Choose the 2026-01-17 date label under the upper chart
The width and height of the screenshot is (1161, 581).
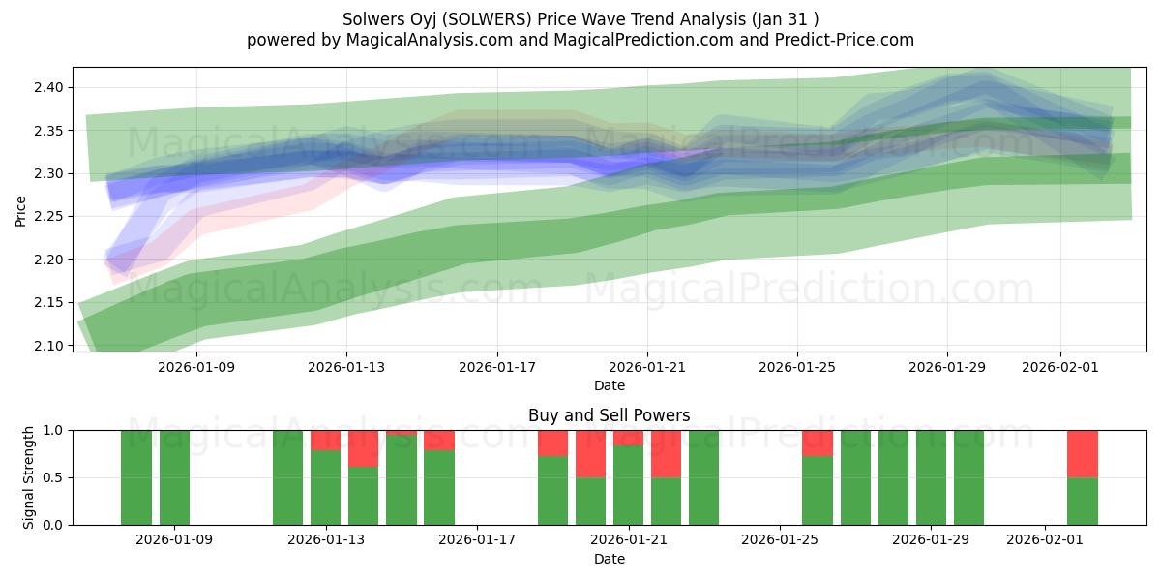pos(496,368)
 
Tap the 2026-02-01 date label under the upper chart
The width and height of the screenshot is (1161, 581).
pos(1060,368)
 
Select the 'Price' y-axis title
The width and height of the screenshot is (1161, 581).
pos(21,210)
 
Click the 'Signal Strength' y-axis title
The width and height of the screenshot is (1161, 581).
pos(29,477)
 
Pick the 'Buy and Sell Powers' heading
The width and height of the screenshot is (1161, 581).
pos(609,415)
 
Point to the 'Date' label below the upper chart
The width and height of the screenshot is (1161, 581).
pos(609,385)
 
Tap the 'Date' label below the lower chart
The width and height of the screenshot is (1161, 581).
pos(609,559)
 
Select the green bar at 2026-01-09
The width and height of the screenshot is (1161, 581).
pos(174,477)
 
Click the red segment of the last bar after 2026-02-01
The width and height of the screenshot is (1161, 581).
pos(1082,453)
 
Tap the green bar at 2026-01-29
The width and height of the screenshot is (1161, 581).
pos(931,477)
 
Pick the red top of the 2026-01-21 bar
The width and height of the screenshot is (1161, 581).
pos(628,438)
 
